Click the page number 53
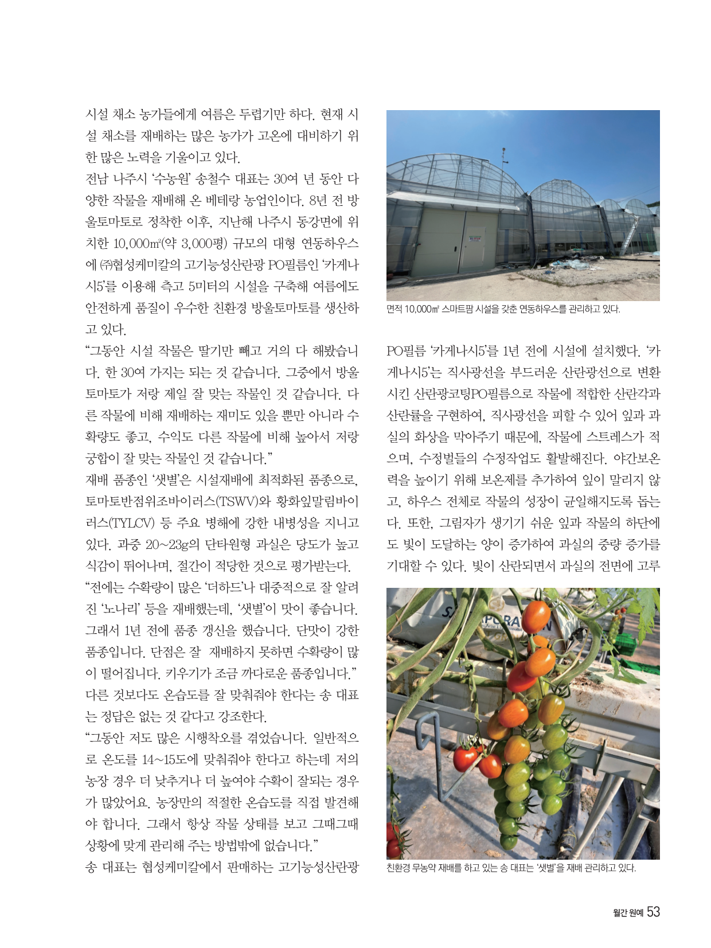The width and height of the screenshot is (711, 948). click(x=653, y=912)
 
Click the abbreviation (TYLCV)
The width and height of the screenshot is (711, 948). click(x=131, y=523)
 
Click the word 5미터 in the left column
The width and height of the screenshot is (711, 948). click(x=205, y=286)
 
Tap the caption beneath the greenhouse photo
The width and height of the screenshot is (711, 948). click(x=503, y=309)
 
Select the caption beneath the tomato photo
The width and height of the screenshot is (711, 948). click(x=511, y=868)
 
